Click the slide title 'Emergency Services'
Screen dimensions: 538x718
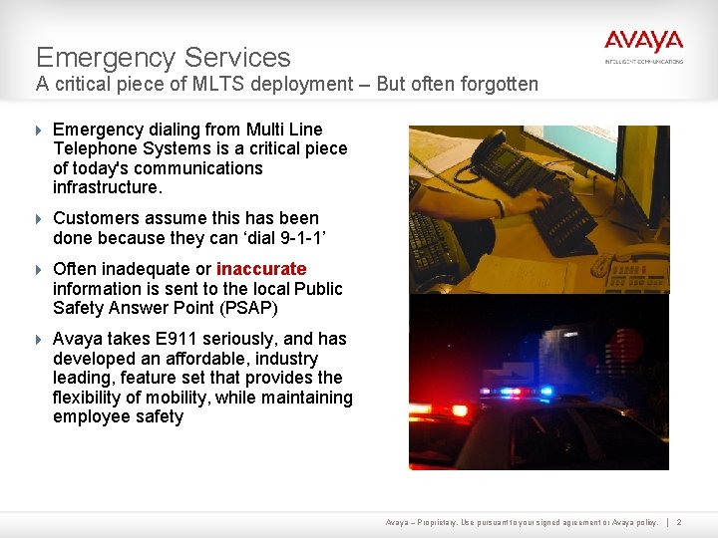point(164,57)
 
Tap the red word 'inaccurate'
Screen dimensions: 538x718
point(261,269)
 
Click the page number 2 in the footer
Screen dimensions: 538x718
point(679,521)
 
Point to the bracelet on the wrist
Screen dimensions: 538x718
point(499,207)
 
